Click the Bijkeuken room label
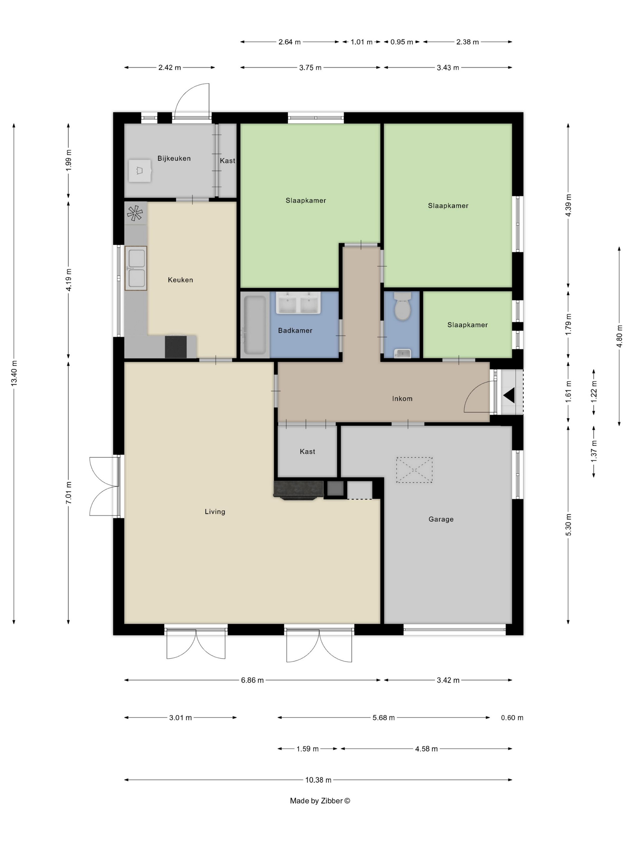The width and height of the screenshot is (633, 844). (x=174, y=158)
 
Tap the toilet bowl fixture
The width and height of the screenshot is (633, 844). (x=402, y=306)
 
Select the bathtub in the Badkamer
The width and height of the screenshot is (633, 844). (x=254, y=325)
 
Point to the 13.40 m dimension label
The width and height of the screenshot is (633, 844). (x=14, y=373)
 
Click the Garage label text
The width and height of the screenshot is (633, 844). (x=441, y=519)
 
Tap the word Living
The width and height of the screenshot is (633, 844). (x=215, y=512)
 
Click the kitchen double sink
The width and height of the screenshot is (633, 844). (x=136, y=268)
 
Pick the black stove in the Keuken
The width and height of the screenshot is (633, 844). (x=176, y=347)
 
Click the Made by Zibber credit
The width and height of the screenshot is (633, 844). (x=320, y=801)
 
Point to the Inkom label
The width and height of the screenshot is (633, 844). (x=402, y=399)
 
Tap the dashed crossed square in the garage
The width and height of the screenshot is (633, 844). (x=414, y=470)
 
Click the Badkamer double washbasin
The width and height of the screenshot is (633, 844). (x=298, y=303)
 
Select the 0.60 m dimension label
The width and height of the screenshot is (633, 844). (x=512, y=718)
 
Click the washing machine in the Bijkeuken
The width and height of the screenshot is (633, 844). (x=140, y=171)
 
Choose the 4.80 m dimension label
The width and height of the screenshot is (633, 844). (x=619, y=336)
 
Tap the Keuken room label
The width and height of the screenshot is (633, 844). (x=181, y=280)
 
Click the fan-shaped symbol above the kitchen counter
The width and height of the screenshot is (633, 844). (x=135, y=213)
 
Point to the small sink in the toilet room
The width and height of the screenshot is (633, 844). (x=402, y=354)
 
